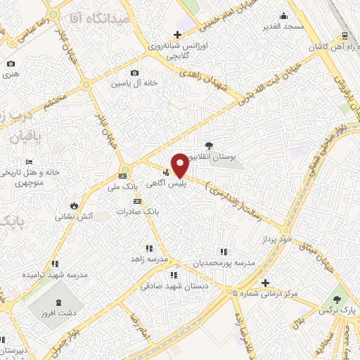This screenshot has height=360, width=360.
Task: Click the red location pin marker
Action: tap(180, 165)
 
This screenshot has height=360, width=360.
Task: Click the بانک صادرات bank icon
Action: tap(137, 201)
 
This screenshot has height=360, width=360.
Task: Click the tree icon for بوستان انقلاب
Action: tap(208, 144)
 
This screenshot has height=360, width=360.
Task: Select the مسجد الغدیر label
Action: tap(283, 27)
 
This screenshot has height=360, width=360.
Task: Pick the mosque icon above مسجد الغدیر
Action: tap(283, 15)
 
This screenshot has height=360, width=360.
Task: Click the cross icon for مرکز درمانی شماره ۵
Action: tap(264, 283)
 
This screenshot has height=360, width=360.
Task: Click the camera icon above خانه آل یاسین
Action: tap(135, 72)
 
